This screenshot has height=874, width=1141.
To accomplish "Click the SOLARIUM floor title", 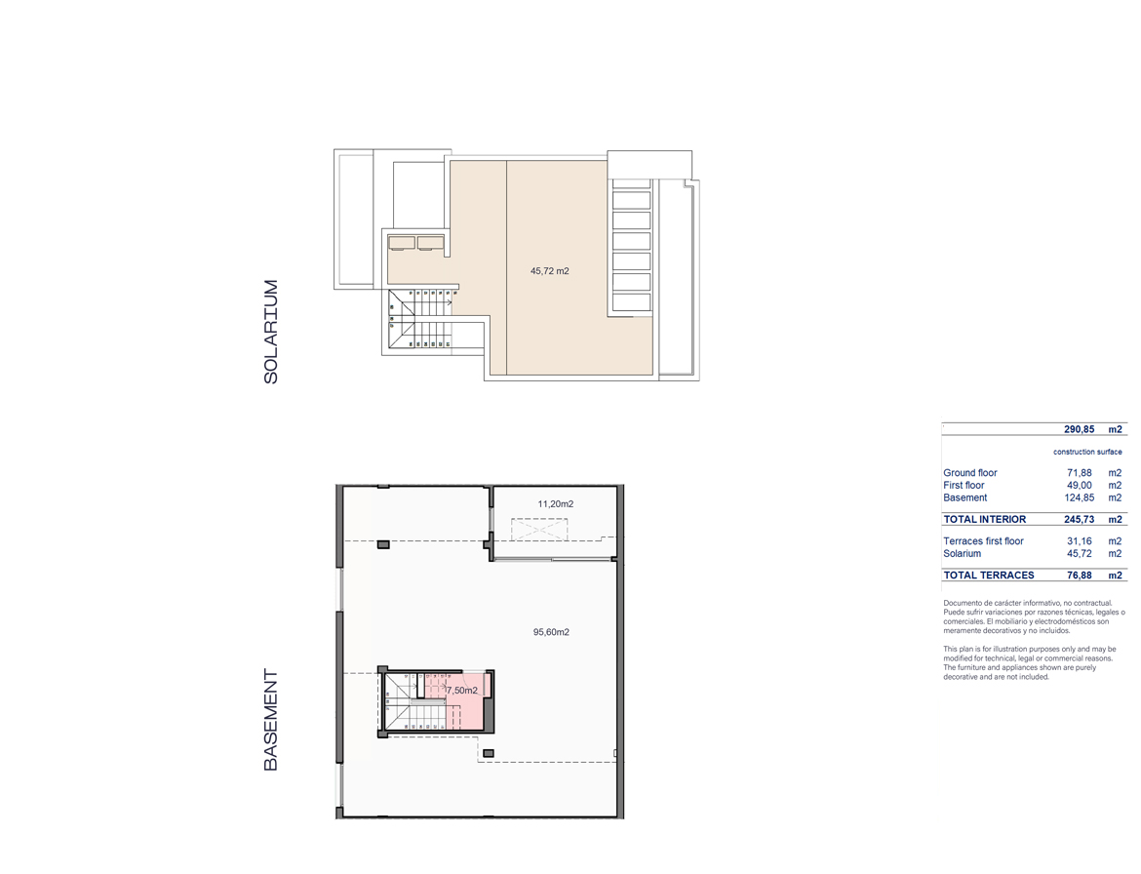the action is [x=271, y=332].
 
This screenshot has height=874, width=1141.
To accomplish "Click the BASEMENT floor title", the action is [x=271, y=720].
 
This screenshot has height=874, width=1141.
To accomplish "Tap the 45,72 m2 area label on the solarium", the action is [x=549, y=271].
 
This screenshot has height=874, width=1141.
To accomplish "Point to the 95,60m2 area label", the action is [x=551, y=632].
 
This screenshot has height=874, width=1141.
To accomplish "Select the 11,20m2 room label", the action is [x=555, y=503].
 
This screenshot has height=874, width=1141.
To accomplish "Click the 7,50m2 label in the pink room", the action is [x=462, y=691].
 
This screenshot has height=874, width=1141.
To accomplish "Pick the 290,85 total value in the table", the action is [x=1080, y=429].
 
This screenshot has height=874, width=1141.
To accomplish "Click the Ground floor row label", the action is [x=970, y=473].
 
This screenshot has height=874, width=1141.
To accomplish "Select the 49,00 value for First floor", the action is [x=1080, y=486].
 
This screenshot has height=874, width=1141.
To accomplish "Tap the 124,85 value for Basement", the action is [x=1080, y=497].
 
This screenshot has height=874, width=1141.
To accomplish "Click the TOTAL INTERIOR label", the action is [x=985, y=520].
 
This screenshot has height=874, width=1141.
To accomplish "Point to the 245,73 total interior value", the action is [x=1080, y=520].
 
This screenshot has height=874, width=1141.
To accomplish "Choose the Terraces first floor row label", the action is [x=983, y=541].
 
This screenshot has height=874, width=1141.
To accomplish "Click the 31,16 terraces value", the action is [x=1080, y=541].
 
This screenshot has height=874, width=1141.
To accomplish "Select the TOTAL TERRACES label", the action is [x=989, y=576].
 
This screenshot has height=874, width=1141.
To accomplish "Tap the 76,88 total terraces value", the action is [x=1080, y=576].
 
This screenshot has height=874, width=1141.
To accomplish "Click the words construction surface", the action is [x=1087, y=452].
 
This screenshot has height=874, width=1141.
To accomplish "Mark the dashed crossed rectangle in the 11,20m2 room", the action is [x=539, y=529].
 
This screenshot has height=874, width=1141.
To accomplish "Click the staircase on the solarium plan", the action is [x=420, y=319].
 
